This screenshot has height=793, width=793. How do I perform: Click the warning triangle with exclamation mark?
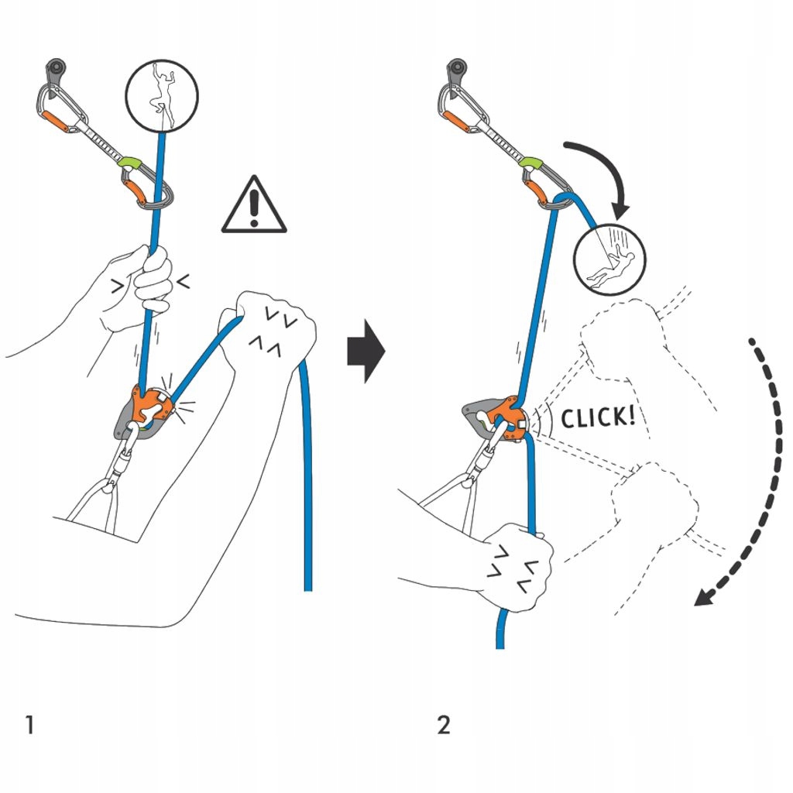click(254, 206)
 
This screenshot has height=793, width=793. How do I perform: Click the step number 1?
click(29, 726)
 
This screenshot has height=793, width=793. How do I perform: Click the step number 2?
click(443, 726)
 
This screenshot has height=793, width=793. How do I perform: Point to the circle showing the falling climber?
click(610, 263)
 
